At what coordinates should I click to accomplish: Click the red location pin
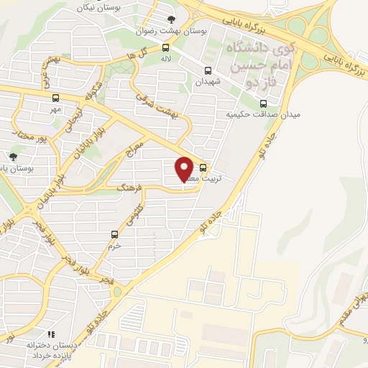click(x=185, y=168)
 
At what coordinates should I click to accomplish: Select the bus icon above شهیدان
click(x=208, y=70)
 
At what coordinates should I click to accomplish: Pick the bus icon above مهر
click(x=56, y=98)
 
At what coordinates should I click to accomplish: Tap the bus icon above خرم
click(x=114, y=234)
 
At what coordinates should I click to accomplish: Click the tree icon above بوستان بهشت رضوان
click(x=170, y=19)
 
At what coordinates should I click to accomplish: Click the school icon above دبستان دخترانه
click(x=50, y=334)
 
